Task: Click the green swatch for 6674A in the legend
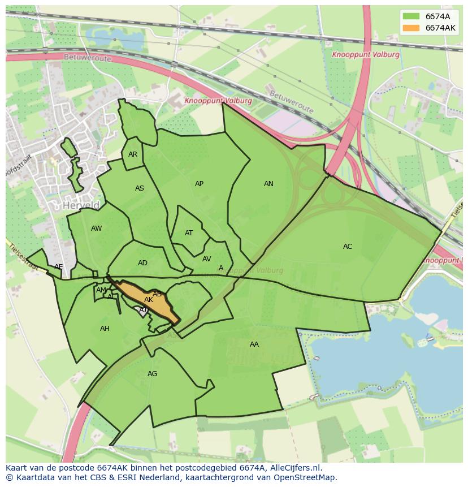411,16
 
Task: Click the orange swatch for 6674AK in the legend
411,28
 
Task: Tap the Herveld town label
81,205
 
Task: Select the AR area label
133,154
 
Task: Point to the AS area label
140,188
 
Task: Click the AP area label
199,184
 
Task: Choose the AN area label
268,184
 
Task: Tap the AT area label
189,233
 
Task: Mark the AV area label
206,259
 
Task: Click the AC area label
348,247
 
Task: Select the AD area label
142,263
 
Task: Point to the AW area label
96,229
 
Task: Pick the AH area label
105,329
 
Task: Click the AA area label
254,344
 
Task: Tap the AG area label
152,374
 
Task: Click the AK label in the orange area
148,300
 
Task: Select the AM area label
101,290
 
